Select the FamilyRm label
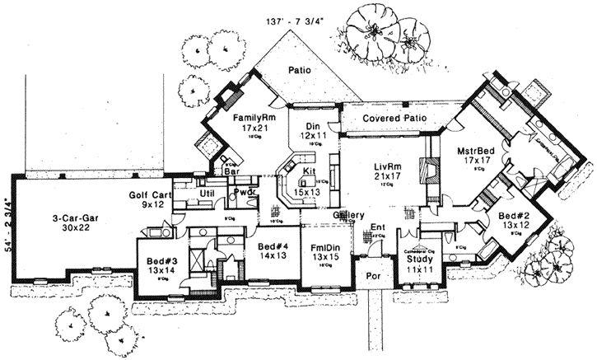point(240,118)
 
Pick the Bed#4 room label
point(273,246)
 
